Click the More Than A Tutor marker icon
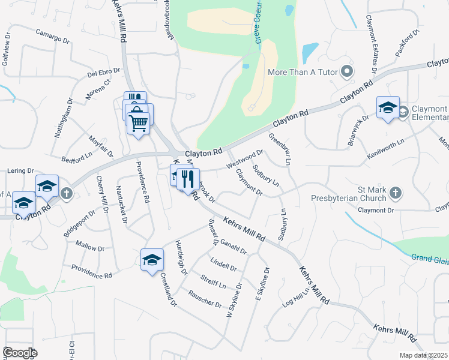pos(347,73)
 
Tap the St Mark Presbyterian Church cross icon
pos(395,193)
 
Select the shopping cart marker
pos(139,123)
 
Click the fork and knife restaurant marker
pos(188,178)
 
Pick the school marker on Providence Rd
pos(152,259)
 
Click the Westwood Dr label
pos(244,159)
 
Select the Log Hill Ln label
pos(296,296)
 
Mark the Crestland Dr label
pos(169,290)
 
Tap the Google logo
pos(19,352)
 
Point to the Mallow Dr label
pos(90,246)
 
